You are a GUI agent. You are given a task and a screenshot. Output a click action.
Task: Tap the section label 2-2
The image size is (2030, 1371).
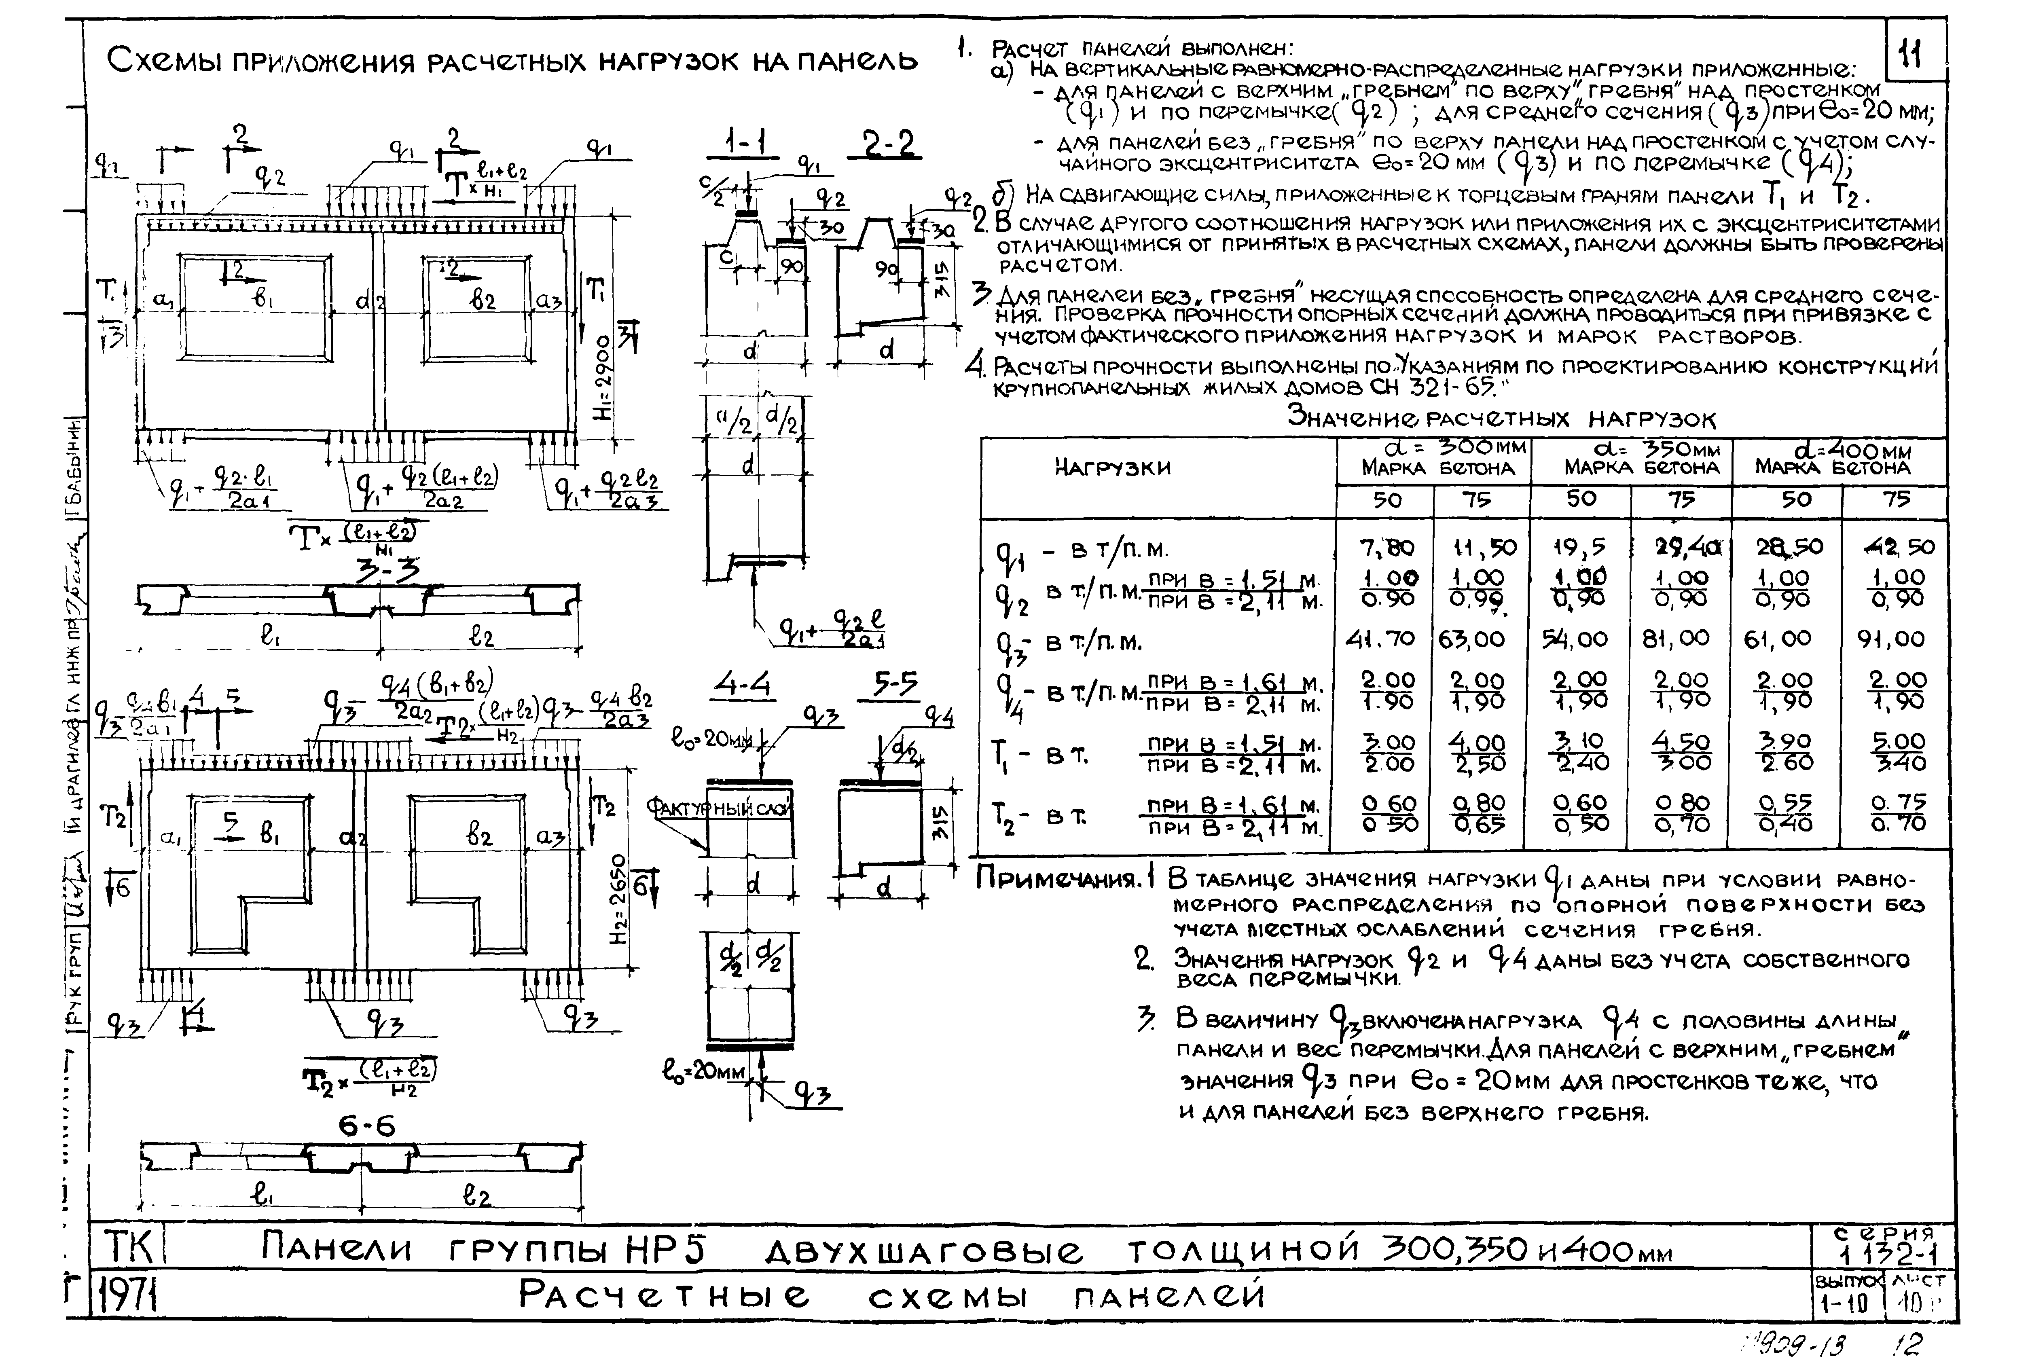tap(892, 144)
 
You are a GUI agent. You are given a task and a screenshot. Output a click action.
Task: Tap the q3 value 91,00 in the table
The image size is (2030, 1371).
tap(1891, 638)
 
